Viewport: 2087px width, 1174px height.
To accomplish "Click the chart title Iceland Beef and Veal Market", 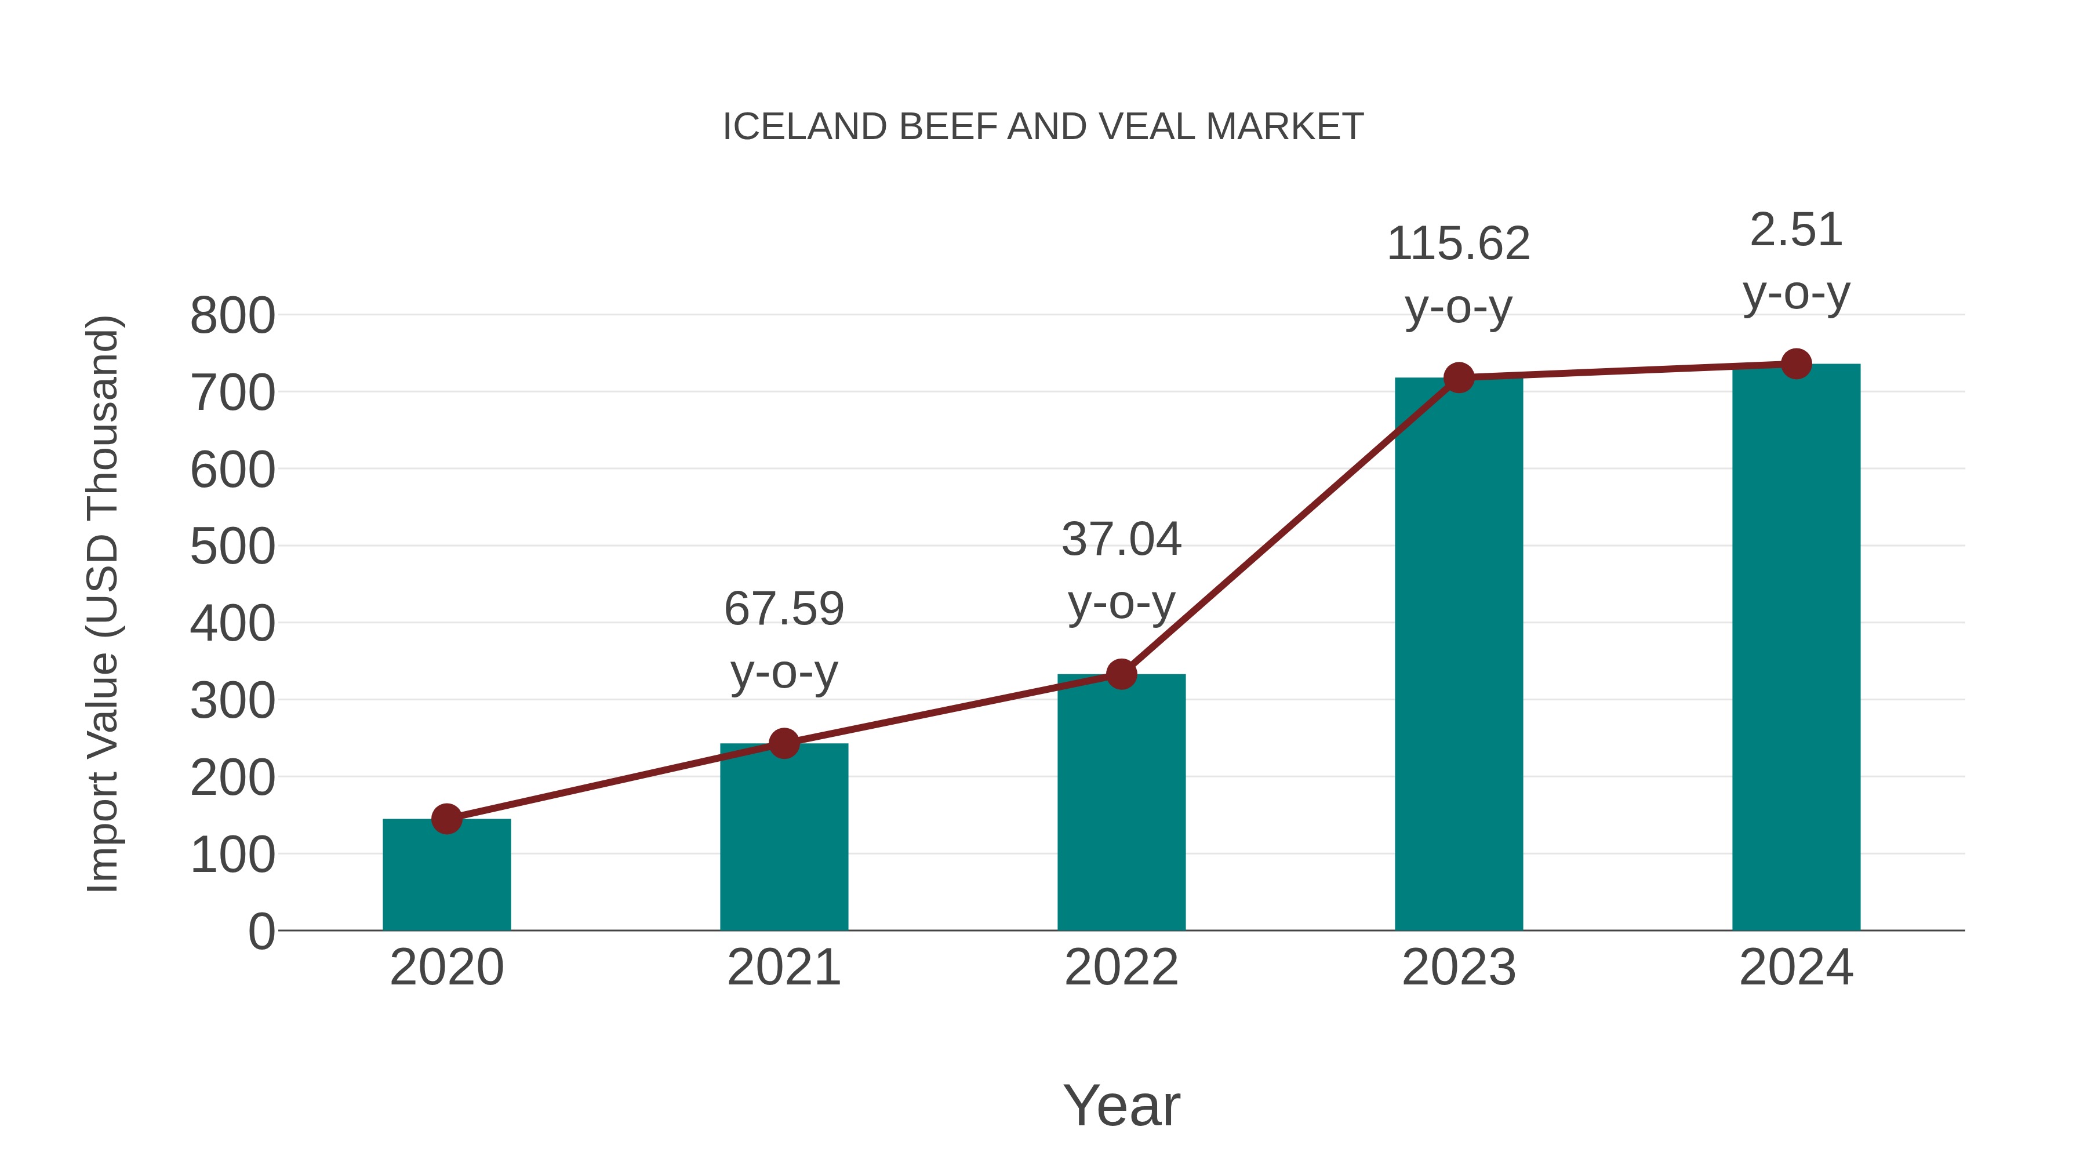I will pos(1043,127).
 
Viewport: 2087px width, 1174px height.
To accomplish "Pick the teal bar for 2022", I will pos(1121,802).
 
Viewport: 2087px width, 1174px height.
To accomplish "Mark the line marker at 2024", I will pos(1795,364).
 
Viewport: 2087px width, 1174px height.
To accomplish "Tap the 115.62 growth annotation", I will pos(1459,244).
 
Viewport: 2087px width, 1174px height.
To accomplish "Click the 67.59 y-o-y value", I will pos(783,609).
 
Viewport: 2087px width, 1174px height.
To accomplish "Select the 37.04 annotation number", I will pos(1121,540).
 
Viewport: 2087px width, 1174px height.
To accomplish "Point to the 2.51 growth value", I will pos(1795,230).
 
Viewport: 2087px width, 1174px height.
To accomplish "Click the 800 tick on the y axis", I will pos(232,316).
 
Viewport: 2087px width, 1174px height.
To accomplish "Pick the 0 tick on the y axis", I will pos(261,931).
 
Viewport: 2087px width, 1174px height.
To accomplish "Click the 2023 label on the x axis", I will pos(1459,968).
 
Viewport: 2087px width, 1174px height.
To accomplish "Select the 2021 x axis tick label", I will pos(783,968).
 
